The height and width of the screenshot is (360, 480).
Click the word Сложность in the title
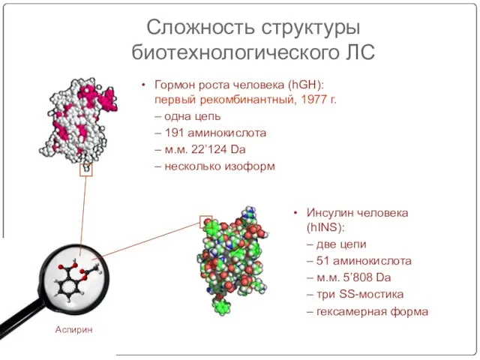coord(201,27)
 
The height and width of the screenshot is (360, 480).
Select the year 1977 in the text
coord(313,100)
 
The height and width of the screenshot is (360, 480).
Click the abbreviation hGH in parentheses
coord(304,85)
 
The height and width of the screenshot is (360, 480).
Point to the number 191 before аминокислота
coord(174,133)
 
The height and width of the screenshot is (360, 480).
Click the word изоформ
coord(250,166)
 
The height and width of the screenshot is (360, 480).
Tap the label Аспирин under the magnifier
coord(73,330)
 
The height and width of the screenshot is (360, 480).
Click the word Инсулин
coord(329,212)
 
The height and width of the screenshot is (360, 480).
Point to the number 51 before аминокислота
coord(322,261)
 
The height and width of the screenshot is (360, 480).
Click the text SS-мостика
coord(371,294)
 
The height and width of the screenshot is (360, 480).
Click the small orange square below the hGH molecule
coord(86,169)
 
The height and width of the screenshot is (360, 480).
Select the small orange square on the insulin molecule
coord(206,222)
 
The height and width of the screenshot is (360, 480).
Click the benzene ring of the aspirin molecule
coord(67,288)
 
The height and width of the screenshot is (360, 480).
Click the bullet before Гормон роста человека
coord(143,85)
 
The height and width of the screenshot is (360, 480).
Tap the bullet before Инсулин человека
coord(295,212)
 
